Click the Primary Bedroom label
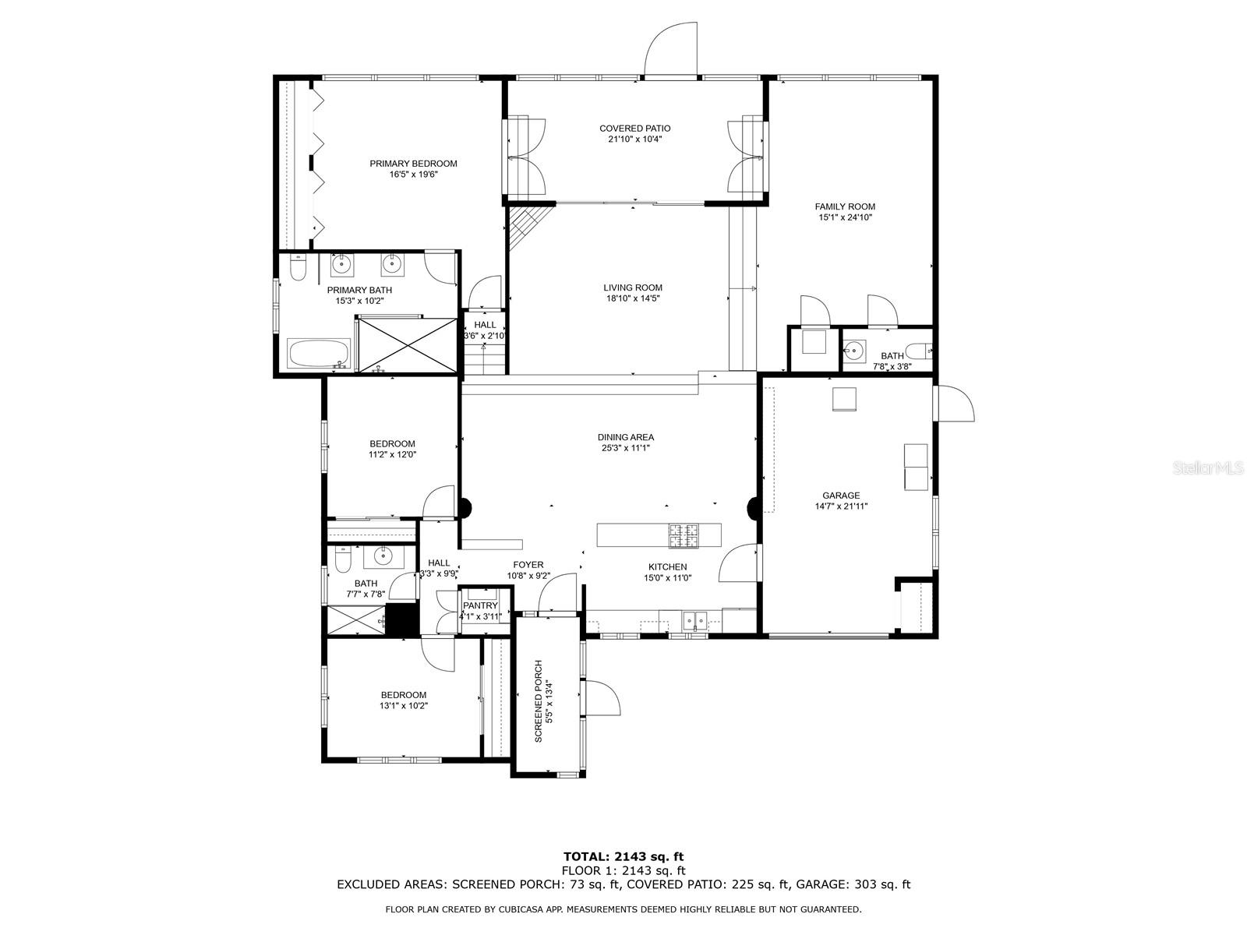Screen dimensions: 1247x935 (x=413, y=164)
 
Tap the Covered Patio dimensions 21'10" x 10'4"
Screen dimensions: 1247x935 (x=634, y=139)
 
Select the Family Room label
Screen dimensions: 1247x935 (x=845, y=206)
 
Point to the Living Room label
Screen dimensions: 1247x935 (x=633, y=288)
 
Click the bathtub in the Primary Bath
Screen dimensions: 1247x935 (x=319, y=354)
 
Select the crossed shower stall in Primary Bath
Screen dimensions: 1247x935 (x=408, y=346)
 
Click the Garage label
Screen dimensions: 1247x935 (x=841, y=496)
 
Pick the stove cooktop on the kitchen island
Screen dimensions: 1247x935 (x=684, y=536)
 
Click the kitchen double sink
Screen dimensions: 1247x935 (x=694, y=621)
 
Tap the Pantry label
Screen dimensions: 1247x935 (x=480, y=605)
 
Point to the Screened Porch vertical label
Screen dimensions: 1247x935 (x=539, y=701)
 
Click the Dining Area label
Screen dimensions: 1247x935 (x=626, y=437)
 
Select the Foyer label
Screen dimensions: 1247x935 (x=528, y=565)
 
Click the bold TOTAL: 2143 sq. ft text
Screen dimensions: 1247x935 (x=623, y=856)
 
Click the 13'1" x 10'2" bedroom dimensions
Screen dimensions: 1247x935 (x=404, y=706)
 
